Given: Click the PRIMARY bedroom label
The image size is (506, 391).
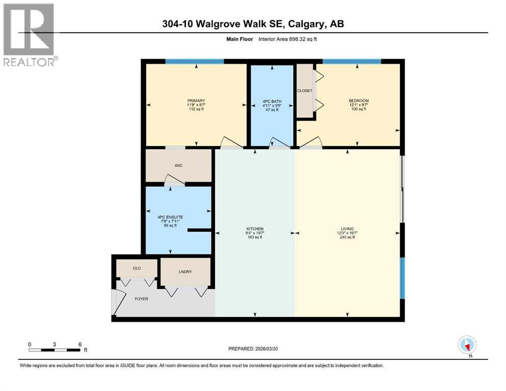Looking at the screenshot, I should (x=196, y=101).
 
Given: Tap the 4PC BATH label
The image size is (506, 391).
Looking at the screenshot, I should (x=270, y=101).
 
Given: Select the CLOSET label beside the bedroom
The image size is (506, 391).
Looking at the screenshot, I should (x=305, y=91).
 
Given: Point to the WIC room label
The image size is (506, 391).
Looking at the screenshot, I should (x=178, y=165).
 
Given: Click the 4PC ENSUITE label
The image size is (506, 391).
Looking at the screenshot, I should (x=170, y=217).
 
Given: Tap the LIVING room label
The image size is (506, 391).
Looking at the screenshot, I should (x=348, y=229).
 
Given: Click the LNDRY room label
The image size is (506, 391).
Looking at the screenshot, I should (x=185, y=272).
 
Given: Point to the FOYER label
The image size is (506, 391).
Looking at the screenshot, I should (x=141, y=299).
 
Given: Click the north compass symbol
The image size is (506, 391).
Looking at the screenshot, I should (x=467, y=345).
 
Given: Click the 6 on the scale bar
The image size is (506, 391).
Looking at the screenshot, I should (x=80, y=344).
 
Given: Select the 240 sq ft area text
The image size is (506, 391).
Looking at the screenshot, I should (x=348, y=237).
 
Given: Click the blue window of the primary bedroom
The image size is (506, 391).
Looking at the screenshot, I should (x=194, y=62).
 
